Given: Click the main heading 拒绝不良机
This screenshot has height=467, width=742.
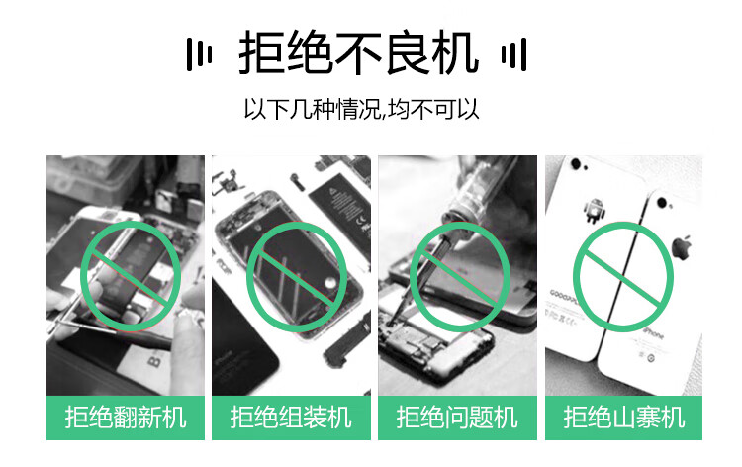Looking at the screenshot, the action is (x=359, y=52).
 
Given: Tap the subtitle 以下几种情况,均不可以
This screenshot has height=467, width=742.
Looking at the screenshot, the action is (x=361, y=109).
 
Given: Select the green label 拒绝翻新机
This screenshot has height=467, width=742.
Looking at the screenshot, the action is (x=126, y=418).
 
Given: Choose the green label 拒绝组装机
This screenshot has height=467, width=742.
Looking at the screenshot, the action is (x=291, y=418).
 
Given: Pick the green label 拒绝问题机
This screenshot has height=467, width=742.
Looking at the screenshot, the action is (x=457, y=418).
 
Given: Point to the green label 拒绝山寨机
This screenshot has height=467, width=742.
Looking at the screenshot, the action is (x=623, y=418).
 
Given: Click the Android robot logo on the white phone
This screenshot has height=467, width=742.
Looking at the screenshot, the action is (x=594, y=210).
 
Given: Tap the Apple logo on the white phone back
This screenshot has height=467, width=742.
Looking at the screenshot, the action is (x=682, y=247).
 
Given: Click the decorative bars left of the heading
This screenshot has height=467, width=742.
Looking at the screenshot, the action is (x=199, y=53).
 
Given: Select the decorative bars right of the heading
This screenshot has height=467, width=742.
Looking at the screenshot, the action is (x=513, y=53).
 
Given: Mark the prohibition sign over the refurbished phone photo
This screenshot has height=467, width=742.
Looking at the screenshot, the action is (x=131, y=276).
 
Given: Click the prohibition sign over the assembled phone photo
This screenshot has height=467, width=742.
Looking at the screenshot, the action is (x=296, y=276).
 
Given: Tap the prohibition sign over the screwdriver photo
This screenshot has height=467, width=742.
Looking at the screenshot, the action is (x=460, y=276).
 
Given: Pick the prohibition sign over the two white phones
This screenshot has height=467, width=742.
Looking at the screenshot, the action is (x=622, y=276).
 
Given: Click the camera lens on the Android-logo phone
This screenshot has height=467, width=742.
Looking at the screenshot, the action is (x=576, y=163).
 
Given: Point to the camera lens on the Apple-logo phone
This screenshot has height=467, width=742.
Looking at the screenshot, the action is (x=662, y=203).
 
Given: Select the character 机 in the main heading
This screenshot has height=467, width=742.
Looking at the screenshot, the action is (x=455, y=52).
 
